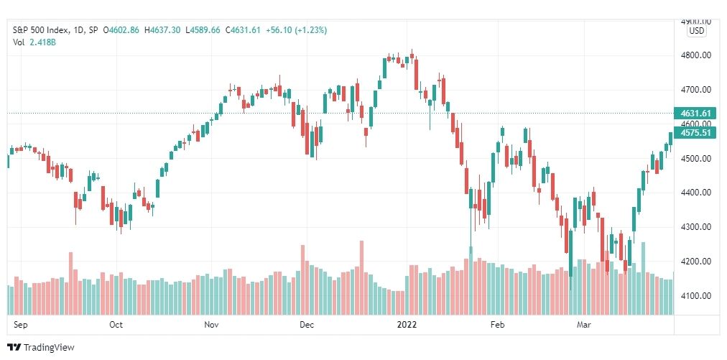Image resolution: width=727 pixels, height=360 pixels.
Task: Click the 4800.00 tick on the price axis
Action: (x=696, y=55)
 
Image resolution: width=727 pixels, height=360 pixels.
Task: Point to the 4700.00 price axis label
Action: (x=696, y=90)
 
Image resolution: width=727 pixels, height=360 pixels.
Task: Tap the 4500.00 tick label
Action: (x=696, y=159)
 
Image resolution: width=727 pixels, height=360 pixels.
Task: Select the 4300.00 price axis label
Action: (x=696, y=227)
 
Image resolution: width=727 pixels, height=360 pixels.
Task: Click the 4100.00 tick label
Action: (x=696, y=296)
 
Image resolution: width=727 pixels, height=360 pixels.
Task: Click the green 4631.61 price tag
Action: (x=696, y=114)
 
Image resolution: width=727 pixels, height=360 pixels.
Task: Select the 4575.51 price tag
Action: (x=696, y=132)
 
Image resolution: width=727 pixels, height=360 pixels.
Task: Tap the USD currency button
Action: (x=696, y=31)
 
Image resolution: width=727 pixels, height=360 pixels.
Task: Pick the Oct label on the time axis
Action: (x=116, y=325)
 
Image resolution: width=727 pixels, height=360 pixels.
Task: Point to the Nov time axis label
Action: (x=211, y=325)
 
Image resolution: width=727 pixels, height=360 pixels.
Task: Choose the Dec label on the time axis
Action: (x=307, y=325)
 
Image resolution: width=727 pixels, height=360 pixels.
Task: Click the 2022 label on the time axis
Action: (x=407, y=325)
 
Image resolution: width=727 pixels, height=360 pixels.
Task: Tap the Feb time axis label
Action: (x=497, y=325)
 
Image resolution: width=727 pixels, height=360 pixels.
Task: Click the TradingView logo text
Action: (x=48, y=347)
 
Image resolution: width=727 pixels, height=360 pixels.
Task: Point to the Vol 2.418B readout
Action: (x=34, y=42)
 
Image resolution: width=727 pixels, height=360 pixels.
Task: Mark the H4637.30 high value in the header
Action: (x=164, y=30)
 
